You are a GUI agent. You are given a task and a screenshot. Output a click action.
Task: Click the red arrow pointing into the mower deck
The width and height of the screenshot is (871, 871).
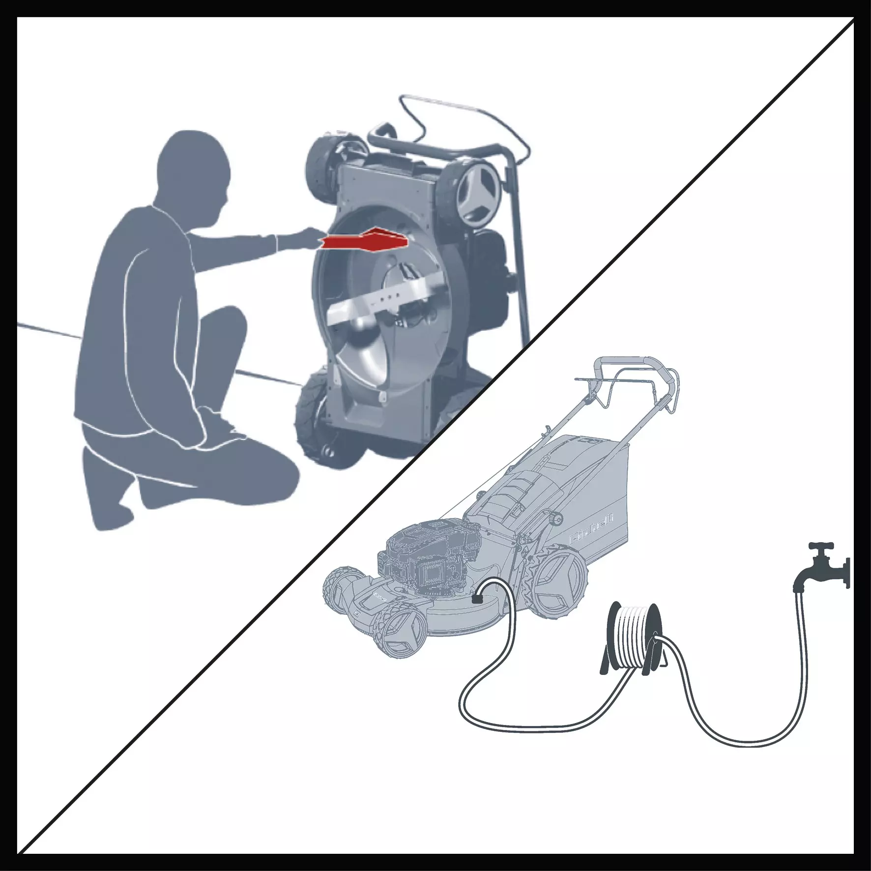(x=366, y=240)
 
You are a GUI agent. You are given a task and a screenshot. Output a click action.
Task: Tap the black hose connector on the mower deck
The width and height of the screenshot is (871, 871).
(x=476, y=599)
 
